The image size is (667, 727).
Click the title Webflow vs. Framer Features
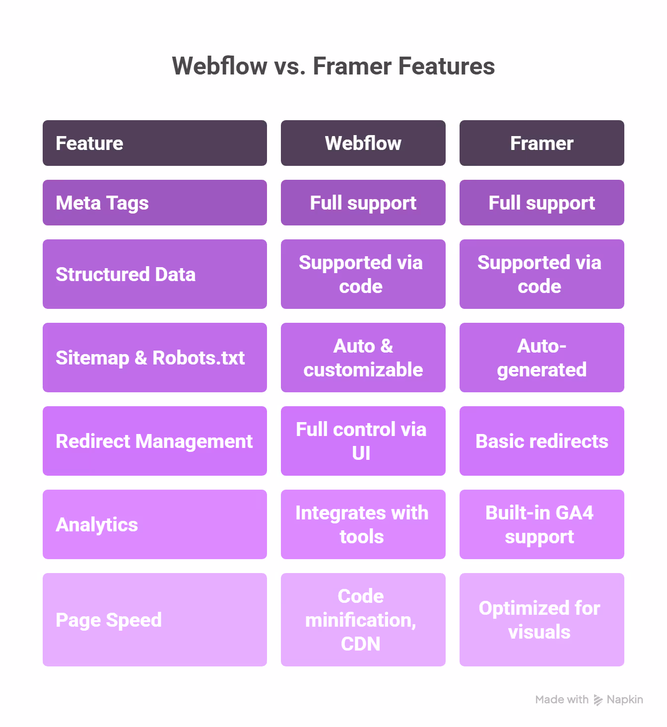[333, 66]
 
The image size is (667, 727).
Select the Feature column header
[154, 143]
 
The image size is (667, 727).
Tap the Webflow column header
[363, 143]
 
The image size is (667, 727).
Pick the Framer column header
[541, 143]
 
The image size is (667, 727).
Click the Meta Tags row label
[154, 203]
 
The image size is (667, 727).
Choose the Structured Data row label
[154, 274]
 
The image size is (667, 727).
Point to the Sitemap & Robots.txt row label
[154, 358]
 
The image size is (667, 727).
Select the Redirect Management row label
[154, 441]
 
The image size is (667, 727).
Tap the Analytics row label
[154, 524]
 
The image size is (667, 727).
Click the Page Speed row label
[154, 620]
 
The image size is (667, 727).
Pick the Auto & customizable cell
[363, 358]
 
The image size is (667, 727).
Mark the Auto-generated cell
[541, 358]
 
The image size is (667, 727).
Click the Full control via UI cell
[363, 441]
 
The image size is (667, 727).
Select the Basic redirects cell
[541, 441]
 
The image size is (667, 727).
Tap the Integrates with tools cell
[363, 524]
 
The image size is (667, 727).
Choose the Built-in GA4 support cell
[541, 524]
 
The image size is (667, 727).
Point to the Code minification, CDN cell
[363, 620]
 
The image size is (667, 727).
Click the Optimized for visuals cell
[541, 620]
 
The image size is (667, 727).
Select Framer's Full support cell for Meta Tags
[541, 203]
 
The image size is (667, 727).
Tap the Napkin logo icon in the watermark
[598, 700]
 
